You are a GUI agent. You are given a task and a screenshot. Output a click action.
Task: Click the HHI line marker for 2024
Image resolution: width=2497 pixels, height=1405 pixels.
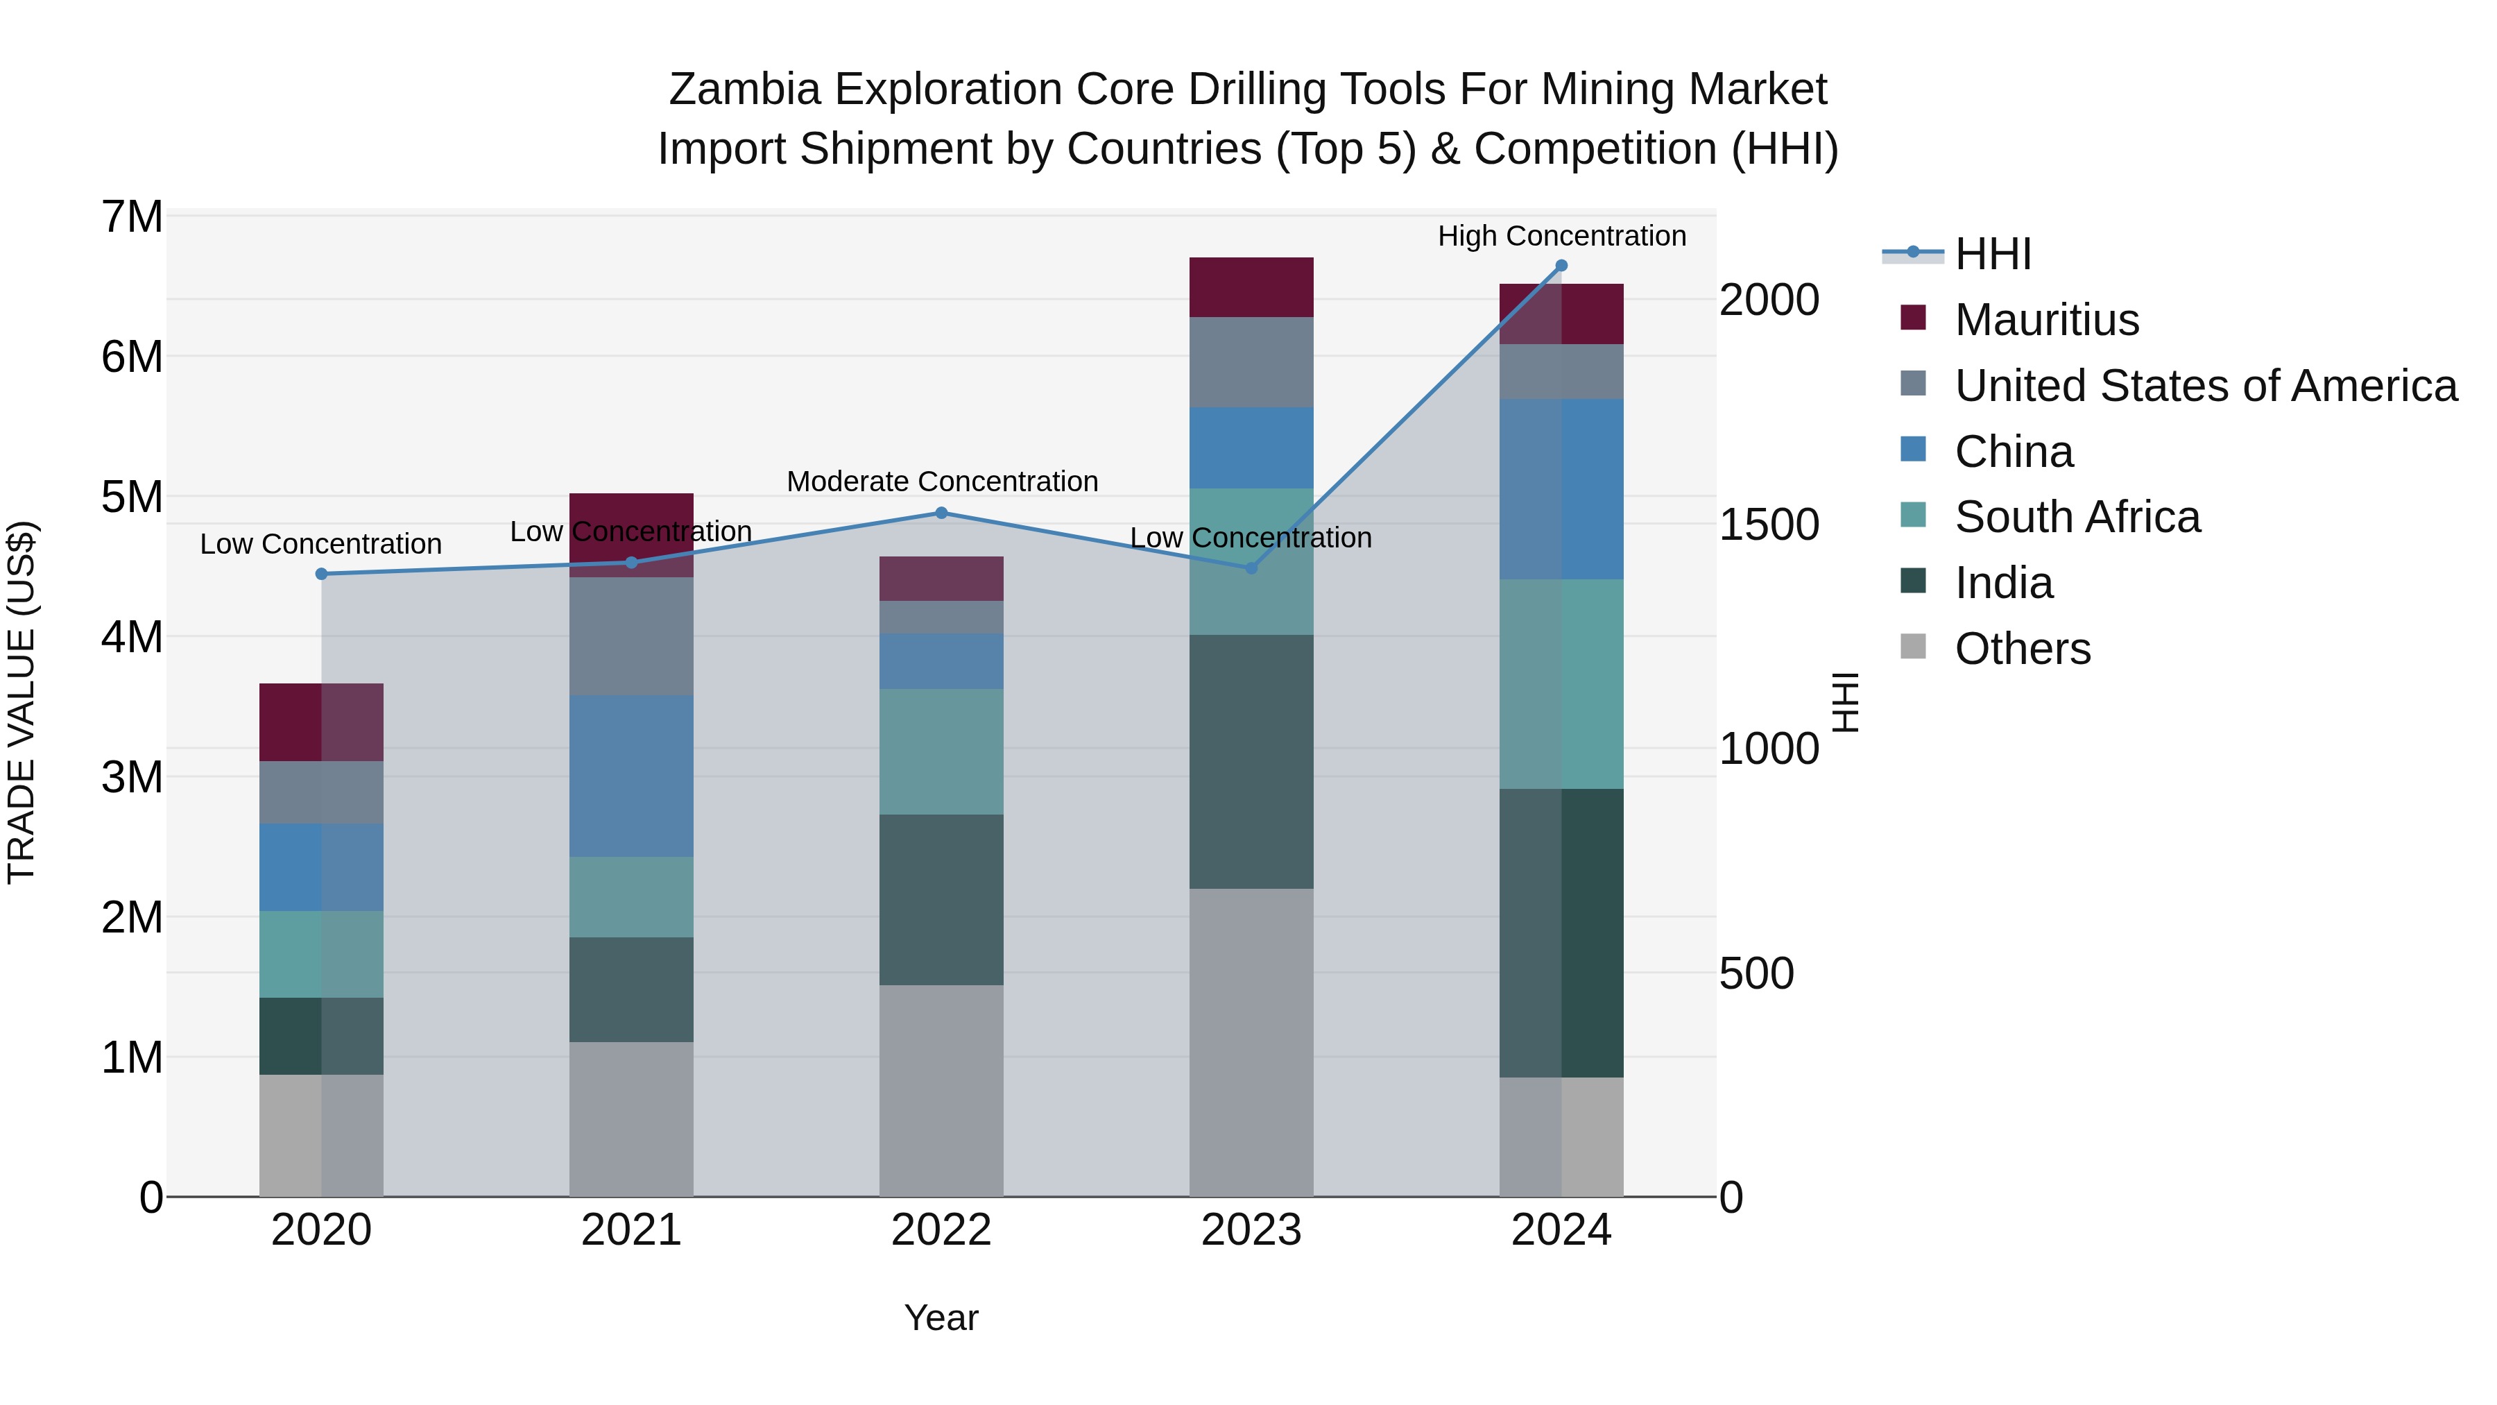1561,266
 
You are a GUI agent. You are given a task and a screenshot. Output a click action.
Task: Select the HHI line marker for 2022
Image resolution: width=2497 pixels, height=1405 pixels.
941,513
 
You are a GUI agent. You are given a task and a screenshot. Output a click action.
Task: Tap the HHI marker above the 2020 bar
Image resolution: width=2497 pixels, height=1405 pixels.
322,574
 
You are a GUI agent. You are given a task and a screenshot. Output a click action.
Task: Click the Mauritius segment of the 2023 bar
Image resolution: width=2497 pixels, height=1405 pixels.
1251,287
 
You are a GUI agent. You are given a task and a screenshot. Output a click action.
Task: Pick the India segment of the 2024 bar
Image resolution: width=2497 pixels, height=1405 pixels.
1561,933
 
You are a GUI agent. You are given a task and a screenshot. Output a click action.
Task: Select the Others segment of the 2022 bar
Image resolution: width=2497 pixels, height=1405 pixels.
941,1091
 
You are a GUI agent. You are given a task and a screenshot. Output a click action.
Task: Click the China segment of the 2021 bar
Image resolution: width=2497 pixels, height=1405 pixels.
631,776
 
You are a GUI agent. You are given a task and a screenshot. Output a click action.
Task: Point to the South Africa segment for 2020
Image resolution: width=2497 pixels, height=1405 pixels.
322,954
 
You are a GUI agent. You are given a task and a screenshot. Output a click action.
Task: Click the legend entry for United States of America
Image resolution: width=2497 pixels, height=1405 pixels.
2205,386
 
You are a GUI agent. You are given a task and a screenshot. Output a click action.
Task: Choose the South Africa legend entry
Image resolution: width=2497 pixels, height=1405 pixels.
2077,517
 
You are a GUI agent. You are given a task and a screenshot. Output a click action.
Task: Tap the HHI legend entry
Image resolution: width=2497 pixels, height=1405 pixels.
1993,254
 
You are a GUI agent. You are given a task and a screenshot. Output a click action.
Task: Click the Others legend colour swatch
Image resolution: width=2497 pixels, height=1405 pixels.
1914,646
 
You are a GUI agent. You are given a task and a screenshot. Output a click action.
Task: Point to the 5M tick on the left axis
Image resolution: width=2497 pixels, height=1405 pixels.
132,497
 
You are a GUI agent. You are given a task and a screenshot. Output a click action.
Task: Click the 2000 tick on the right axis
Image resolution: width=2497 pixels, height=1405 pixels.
1769,300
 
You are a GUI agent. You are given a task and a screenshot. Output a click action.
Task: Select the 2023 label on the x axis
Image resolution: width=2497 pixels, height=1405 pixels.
1251,1230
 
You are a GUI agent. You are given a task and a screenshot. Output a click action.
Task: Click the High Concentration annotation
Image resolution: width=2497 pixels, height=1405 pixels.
1561,236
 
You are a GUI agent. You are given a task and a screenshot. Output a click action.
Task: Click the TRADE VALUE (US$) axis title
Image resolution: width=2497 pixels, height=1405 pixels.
22,702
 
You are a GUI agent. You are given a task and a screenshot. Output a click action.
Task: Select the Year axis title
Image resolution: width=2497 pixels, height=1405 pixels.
941,1318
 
